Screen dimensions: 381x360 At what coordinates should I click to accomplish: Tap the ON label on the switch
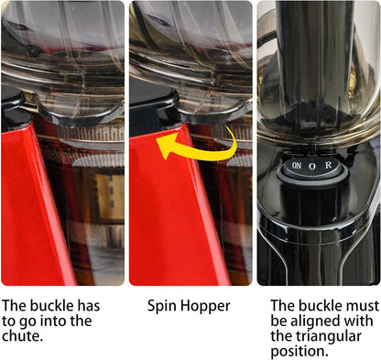pyautogui.click(x=297, y=166)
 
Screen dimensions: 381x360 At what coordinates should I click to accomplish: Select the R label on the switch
pyautogui.click(x=328, y=165)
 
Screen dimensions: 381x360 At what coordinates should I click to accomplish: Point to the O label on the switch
pyautogui.click(x=311, y=167)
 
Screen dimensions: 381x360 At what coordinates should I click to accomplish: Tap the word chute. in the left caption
pyautogui.click(x=22, y=336)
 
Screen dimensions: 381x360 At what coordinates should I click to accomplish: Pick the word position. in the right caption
pyautogui.click(x=299, y=352)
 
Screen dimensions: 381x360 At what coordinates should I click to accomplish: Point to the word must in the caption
pyautogui.click(x=363, y=306)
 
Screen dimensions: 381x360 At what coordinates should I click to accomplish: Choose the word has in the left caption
pyautogui.click(x=89, y=306)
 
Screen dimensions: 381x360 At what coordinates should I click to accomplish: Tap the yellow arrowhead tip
pyautogui.click(x=157, y=140)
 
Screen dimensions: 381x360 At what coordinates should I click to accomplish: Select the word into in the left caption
pyautogui.click(x=52, y=321)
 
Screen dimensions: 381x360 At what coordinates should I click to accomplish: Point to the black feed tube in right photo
pyautogui.click(x=314, y=61)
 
